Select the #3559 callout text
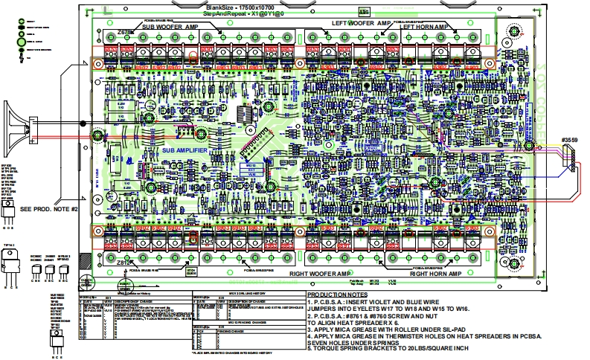pos(570,138)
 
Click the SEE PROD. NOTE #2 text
pos(49,209)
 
